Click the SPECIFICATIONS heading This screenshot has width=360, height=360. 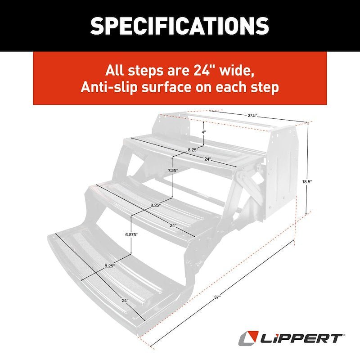click(180, 26)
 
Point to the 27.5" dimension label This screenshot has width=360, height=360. click(253, 116)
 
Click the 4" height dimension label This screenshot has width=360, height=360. click(203, 132)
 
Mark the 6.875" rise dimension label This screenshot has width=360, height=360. click(131, 234)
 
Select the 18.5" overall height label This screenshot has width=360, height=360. click(308, 182)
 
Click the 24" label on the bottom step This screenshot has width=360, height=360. click(125, 300)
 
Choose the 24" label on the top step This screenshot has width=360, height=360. click(207, 159)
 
